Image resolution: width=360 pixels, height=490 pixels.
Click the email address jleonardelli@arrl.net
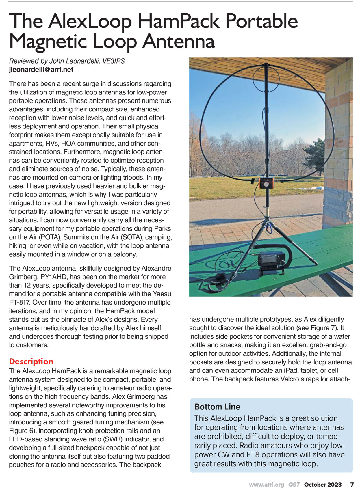pyautogui.click(x=41, y=70)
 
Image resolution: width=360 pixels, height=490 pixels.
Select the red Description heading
pyautogui.click(x=31, y=361)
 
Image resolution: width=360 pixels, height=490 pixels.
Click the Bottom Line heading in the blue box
pyautogui.click(x=217, y=407)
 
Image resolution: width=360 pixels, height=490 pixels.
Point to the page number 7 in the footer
pyautogui.click(x=352, y=485)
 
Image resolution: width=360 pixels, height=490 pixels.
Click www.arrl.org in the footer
pyautogui.click(x=266, y=485)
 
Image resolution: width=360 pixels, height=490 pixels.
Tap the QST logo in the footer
pyautogui.click(x=294, y=485)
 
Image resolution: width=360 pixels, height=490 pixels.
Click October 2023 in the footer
pyautogui.click(x=323, y=485)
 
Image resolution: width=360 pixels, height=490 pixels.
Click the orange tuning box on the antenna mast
pyautogui.click(x=266, y=183)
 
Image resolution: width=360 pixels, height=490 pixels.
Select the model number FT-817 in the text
pyautogui.click(x=20, y=303)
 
